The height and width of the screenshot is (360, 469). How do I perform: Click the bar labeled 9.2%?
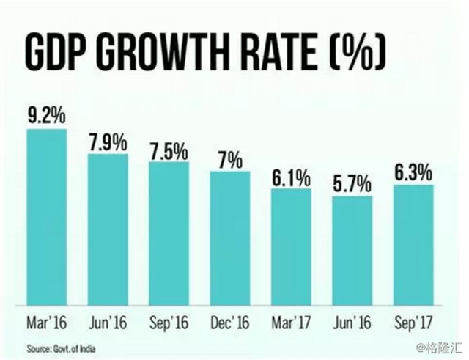(47, 217)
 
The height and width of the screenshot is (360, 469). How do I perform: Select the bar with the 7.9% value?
(108, 229)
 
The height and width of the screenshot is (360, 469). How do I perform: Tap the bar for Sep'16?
(169, 234)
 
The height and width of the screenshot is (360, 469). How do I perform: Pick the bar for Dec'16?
(230, 238)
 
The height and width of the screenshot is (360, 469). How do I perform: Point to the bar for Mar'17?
(292, 247)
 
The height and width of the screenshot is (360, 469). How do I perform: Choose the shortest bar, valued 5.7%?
(352, 251)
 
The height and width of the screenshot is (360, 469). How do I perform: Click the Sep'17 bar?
(413, 245)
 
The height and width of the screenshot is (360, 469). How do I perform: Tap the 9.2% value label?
(47, 116)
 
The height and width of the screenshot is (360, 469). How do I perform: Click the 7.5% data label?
(169, 152)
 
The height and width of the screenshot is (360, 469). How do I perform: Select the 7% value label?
(230, 161)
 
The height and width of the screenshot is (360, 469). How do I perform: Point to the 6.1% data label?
(292, 177)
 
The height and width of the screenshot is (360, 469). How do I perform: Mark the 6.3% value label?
(413, 173)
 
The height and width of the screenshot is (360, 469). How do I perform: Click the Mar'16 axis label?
(47, 323)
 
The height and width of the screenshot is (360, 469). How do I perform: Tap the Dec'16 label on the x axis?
(230, 323)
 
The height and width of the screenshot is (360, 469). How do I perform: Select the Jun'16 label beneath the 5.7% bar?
(352, 323)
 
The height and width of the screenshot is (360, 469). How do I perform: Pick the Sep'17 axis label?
(413, 323)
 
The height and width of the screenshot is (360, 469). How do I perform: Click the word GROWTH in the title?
(164, 53)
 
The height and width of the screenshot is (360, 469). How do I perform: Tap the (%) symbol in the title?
(358, 53)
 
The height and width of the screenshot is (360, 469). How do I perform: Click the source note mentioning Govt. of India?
(62, 349)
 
